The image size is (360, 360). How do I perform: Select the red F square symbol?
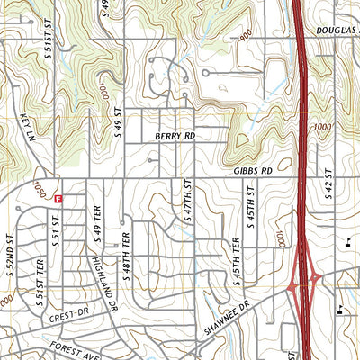click(58, 198)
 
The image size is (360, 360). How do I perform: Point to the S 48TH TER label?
click(128, 256)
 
